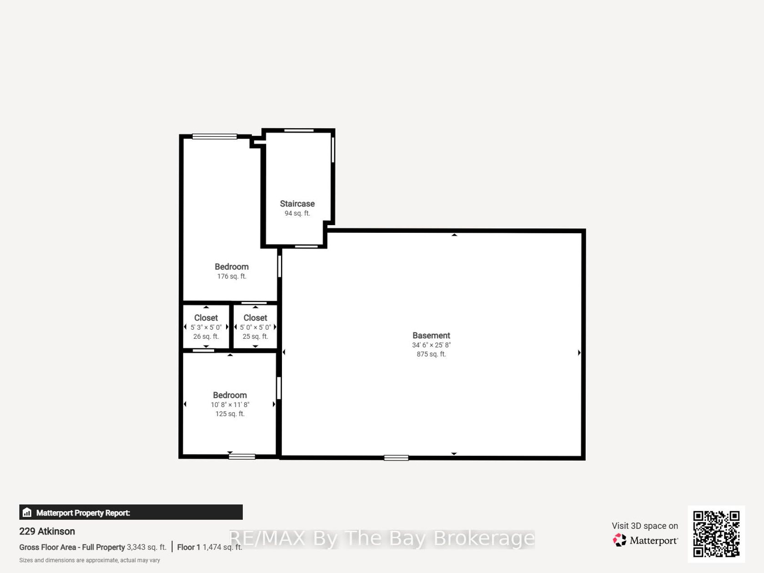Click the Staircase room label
pos(297,204)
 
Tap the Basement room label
pos(431,335)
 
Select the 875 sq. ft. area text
pos(431,354)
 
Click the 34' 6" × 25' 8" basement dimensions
pos(431,345)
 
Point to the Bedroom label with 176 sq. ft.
pos(231,267)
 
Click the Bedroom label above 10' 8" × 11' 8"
pos(230,395)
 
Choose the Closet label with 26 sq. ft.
pos(206,317)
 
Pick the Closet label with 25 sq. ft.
pos(255,317)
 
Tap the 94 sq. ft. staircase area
pos(297,213)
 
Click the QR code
pos(716,534)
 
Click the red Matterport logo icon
pos(619,540)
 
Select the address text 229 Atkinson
pos(47,531)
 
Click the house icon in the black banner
pos(27,513)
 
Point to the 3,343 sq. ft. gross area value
pos(146,547)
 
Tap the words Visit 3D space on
pos(645,526)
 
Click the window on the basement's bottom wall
pos(396,458)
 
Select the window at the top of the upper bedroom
pos(215,136)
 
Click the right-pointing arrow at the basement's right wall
pos(579,352)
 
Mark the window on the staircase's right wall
pos(333,150)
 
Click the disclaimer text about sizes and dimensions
pos(90,560)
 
